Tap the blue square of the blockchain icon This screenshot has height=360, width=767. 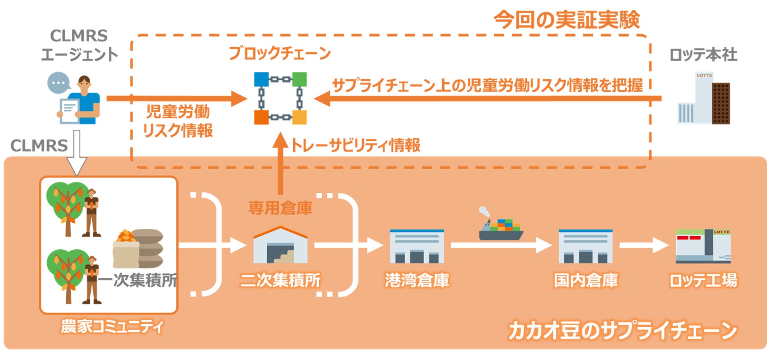pyautogui.click(x=261, y=79)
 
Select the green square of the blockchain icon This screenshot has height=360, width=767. pyautogui.click(x=299, y=79)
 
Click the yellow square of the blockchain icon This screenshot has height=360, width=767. pyautogui.click(x=299, y=117)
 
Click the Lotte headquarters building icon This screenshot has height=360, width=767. pyautogui.click(x=703, y=99)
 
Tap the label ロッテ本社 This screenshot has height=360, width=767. pyautogui.click(x=703, y=55)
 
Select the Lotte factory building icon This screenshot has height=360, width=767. pyautogui.click(x=703, y=246)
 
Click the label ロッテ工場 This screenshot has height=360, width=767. pyautogui.click(x=703, y=280)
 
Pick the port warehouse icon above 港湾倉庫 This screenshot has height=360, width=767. pyautogui.click(x=417, y=246)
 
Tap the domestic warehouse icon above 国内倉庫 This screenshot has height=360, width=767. pyautogui.click(x=586, y=246)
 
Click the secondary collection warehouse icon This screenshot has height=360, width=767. pyautogui.click(x=280, y=245)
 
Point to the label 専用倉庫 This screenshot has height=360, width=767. pyautogui.click(x=280, y=208)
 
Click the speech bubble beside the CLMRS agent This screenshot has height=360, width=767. pyautogui.click(x=58, y=83)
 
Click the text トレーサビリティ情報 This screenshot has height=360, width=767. pyautogui.click(x=355, y=145)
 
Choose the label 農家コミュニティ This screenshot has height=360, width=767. pyautogui.click(x=112, y=326)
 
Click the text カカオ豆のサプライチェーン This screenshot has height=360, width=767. pyautogui.click(x=622, y=330)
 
